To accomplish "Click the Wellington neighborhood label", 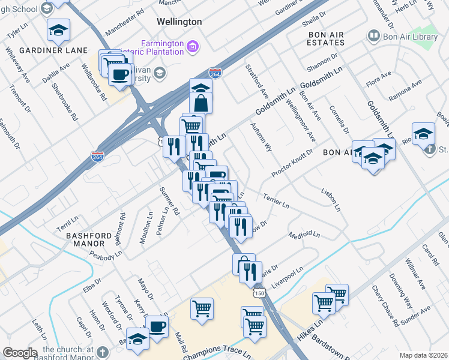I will [162, 22].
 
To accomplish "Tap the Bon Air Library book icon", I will [373, 37].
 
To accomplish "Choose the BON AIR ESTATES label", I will [326, 39].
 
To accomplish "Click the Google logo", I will [20, 352].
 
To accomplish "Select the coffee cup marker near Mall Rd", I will [157, 326].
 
